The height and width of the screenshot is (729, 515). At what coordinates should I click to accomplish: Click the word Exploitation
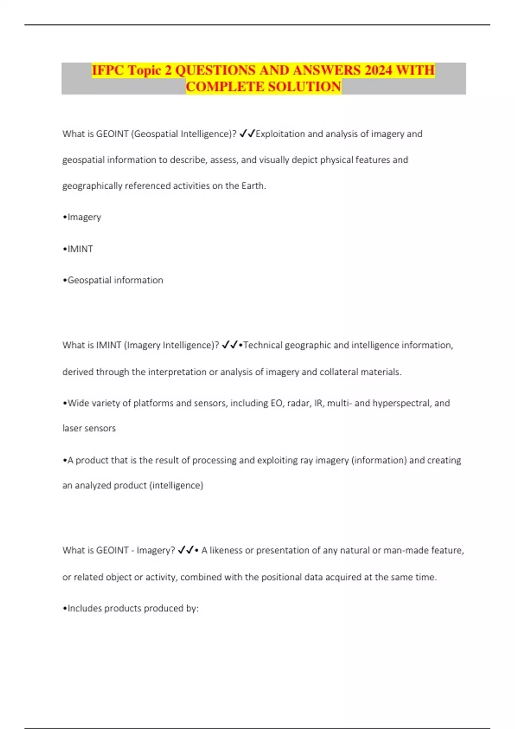280,134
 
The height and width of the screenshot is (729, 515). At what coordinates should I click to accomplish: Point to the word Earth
254,186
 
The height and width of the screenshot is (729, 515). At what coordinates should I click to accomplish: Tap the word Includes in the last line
85,609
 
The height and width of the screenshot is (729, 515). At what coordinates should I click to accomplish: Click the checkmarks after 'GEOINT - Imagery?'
186,550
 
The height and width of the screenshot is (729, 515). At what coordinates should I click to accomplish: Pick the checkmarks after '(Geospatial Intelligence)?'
247,134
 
